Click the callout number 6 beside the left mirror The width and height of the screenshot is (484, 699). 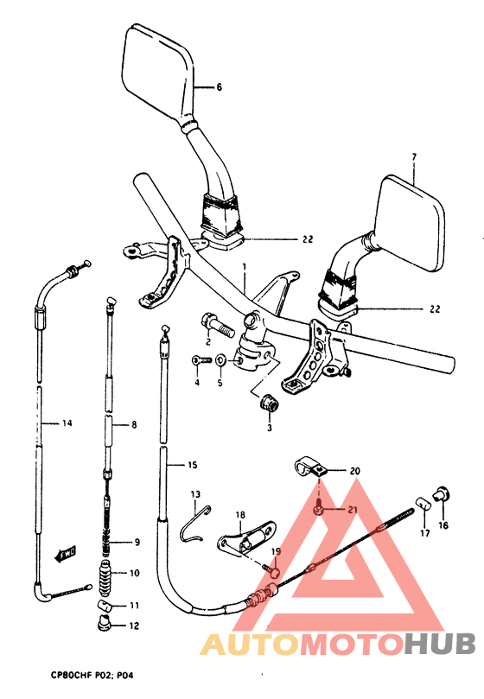[220, 87]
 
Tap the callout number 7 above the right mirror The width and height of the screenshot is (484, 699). [413, 157]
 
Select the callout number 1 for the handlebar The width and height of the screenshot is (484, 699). [245, 267]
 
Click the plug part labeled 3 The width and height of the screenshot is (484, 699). [268, 403]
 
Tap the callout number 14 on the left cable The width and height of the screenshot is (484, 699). [66, 423]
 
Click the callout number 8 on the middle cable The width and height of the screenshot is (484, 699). [134, 424]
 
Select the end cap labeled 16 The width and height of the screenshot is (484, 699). [442, 495]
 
